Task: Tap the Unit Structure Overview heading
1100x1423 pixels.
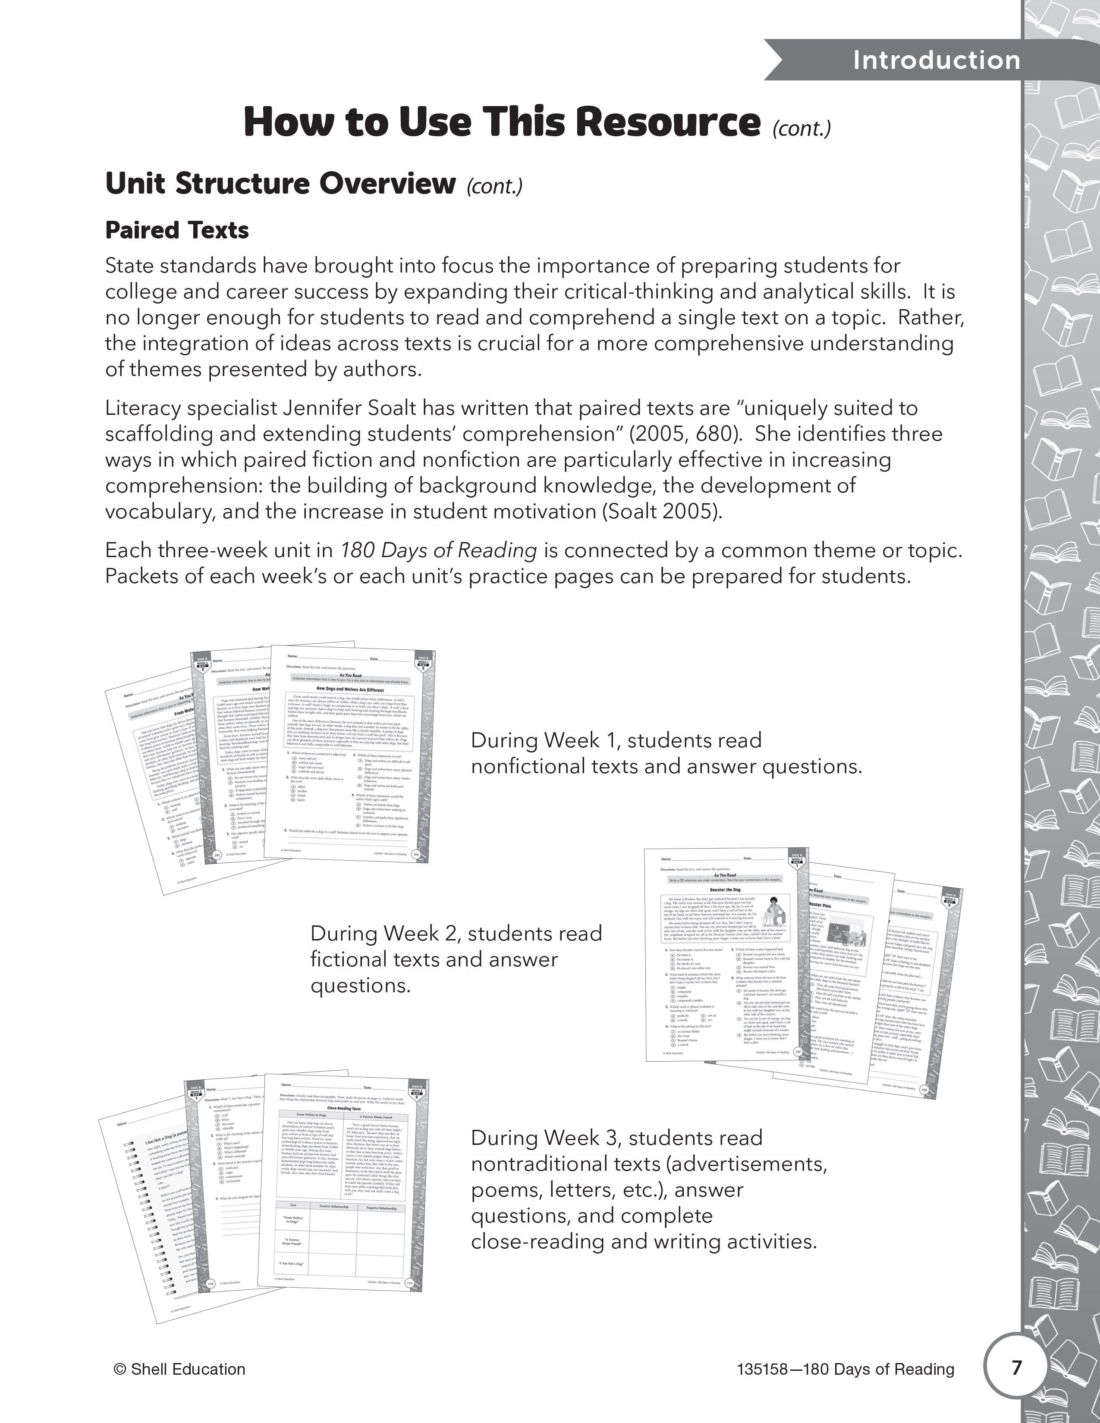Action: [x=280, y=184]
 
